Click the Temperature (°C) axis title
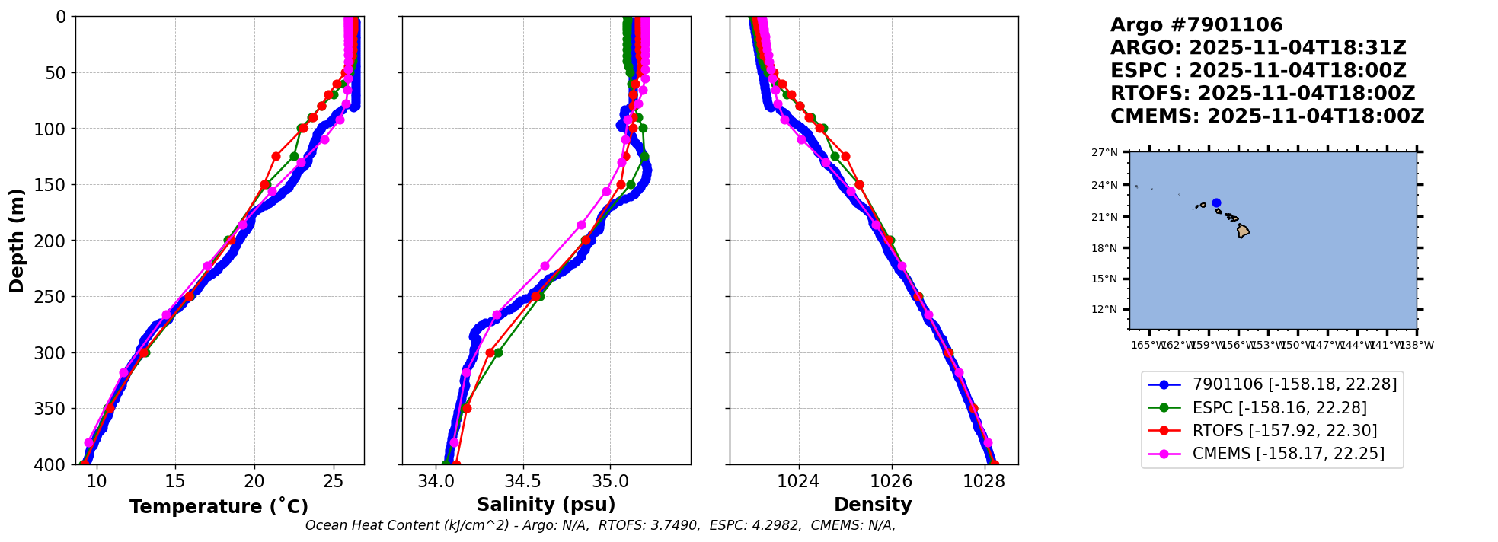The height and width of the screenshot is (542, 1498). pos(219,507)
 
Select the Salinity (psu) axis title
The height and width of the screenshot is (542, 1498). pos(546,505)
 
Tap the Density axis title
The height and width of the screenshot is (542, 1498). pos(873,505)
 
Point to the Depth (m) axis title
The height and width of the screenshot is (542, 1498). pos(17,241)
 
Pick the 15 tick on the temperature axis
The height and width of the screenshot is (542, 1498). pos(175,481)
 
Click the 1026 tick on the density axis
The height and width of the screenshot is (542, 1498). pos(891,481)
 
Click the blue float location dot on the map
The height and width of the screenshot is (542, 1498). pos(1216,203)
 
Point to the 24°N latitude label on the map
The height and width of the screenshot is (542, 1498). pos(1104,185)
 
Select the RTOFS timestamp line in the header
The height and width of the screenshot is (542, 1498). pos(1262,94)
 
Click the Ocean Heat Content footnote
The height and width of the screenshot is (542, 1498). pos(600,525)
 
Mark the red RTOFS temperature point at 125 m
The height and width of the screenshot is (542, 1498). pos(276,156)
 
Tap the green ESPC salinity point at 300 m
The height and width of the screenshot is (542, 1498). pos(498,352)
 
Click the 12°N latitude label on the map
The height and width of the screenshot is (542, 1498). pos(1104,309)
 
